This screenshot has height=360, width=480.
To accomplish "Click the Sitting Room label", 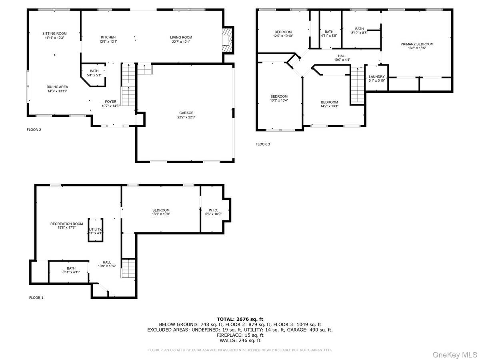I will [x=54, y=34].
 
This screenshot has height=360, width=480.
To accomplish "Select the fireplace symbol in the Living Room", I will [x=227, y=39].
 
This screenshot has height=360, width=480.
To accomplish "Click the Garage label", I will [x=184, y=113].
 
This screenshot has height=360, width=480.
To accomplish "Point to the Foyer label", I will [x=110, y=102].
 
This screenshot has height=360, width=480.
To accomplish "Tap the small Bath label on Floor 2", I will [x=94, y=71].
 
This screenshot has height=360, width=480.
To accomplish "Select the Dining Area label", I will [x=57, y=87].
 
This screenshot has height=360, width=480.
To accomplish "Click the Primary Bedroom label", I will [x=417, y=44].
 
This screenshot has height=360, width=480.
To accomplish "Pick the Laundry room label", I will [x=376, y=76].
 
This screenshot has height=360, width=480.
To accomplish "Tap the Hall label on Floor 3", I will [x=342, y=56].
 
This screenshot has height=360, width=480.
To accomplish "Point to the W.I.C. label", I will [x=212, y=210].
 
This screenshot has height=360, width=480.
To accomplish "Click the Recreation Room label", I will [x=66, y=224].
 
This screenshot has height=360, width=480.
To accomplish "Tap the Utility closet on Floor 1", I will [x=96, y=230].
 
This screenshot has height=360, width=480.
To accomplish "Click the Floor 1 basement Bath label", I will [x=71, y=268].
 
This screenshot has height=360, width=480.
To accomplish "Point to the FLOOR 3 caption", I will [x=263, y=144].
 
